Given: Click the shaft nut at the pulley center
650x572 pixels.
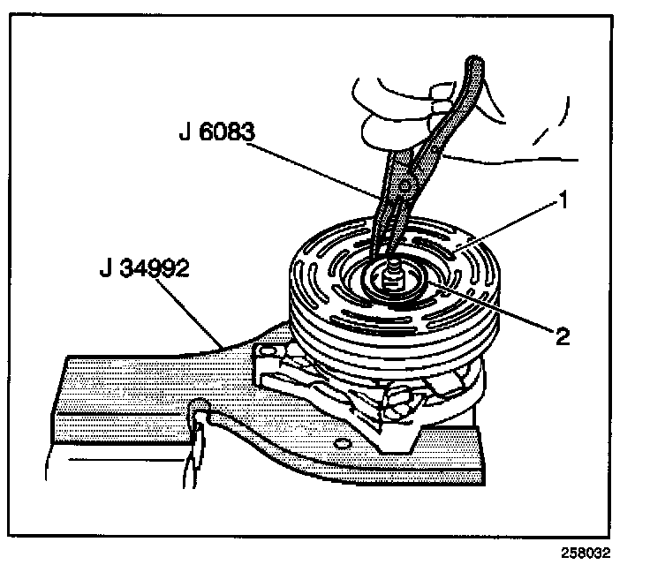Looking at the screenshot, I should click(x=389, y=281).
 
